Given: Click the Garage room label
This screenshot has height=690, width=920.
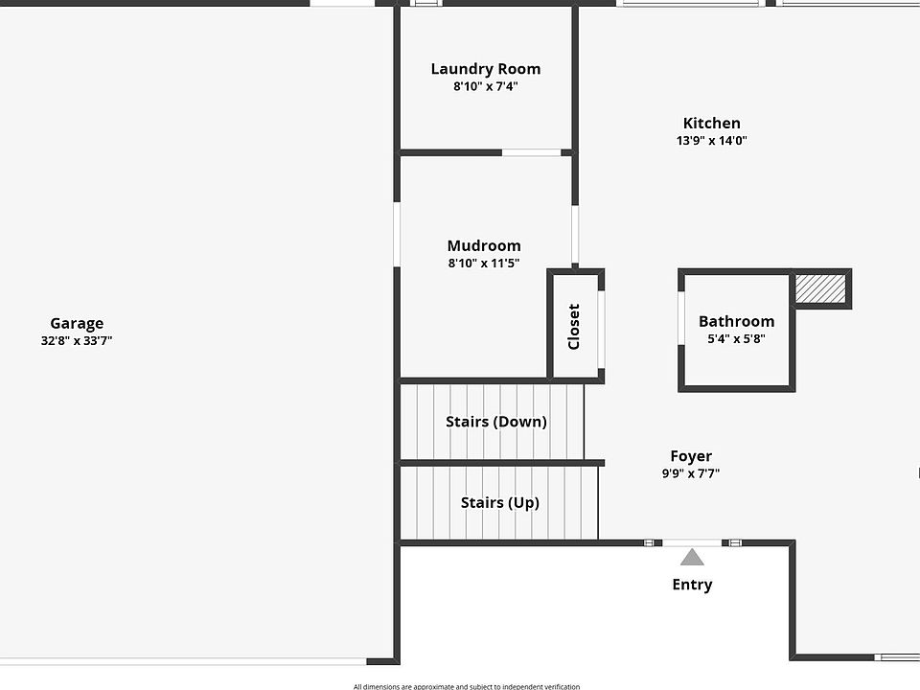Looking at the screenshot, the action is point(77,323).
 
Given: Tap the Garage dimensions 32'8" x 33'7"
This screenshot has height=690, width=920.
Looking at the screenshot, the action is point(77,340).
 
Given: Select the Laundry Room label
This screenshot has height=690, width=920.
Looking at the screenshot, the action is point(486,69).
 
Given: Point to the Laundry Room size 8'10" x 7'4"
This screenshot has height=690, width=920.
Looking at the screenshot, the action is point(486,86).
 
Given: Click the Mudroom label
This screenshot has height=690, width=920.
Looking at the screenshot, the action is point(484,246).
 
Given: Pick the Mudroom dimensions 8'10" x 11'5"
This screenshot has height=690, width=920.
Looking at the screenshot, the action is point(484,263).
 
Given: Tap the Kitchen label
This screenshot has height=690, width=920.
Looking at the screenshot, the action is point(712,124).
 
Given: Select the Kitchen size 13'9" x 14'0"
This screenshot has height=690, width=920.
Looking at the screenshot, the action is point(712,140).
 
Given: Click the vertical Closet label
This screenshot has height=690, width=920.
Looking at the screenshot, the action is point(574,327).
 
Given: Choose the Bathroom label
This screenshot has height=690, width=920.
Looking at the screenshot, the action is point(736,322).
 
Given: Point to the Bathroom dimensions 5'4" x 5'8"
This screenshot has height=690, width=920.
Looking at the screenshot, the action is point(736,338).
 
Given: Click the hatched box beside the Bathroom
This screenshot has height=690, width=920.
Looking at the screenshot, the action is point(820,289).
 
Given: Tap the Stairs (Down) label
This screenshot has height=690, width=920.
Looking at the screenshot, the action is point(496,422).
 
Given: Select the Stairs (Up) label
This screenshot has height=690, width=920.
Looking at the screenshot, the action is point(500,503).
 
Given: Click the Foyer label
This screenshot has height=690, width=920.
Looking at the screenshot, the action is point(691,456).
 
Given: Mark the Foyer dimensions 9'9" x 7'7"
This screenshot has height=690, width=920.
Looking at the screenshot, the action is point(691,473).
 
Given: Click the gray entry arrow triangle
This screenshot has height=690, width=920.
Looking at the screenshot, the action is point(692,557).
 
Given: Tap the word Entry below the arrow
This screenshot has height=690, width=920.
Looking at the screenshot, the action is point(692,585).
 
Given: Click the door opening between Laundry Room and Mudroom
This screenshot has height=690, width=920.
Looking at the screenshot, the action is point(532,153).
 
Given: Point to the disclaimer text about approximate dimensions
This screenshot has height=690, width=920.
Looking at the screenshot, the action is point(467,686).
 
